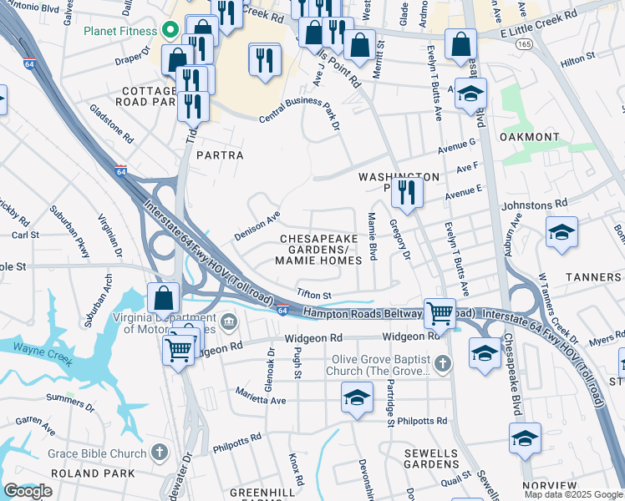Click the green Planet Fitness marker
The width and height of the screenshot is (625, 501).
171,31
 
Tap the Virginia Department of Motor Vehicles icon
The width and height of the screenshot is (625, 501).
230,321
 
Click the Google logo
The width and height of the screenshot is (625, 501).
28,491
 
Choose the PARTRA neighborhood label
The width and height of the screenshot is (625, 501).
220,155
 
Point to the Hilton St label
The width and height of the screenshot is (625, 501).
577,58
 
